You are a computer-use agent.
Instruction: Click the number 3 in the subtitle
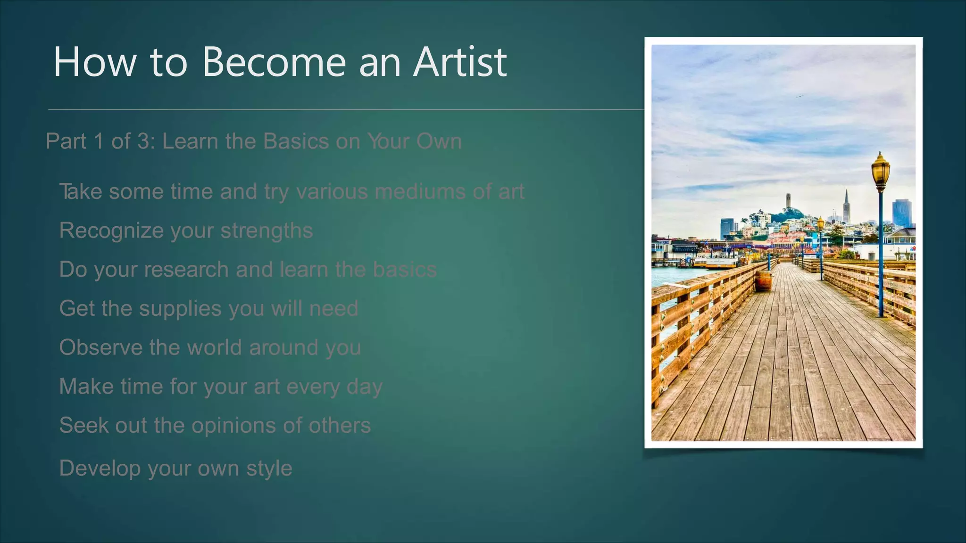point(143,141)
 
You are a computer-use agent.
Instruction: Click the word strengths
point(266,231)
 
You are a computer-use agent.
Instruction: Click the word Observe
point(101,347)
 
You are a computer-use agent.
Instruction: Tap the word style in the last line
point(269,469)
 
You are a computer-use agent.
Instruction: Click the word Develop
point(100,469)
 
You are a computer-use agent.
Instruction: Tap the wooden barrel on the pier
point(763,281)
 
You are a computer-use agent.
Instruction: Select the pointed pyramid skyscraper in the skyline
point(846,207)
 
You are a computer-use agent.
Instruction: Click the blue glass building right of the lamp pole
point(901,213)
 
